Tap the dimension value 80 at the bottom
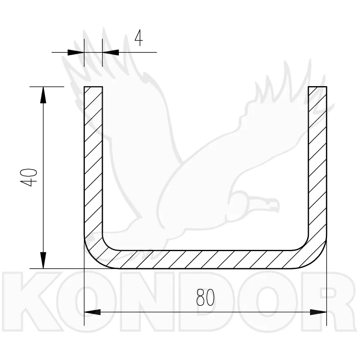(205, 298)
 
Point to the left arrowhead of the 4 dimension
(75, 52)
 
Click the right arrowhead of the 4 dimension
(111, 52)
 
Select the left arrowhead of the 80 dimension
(92, 312)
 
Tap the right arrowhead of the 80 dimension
(318, 312)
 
